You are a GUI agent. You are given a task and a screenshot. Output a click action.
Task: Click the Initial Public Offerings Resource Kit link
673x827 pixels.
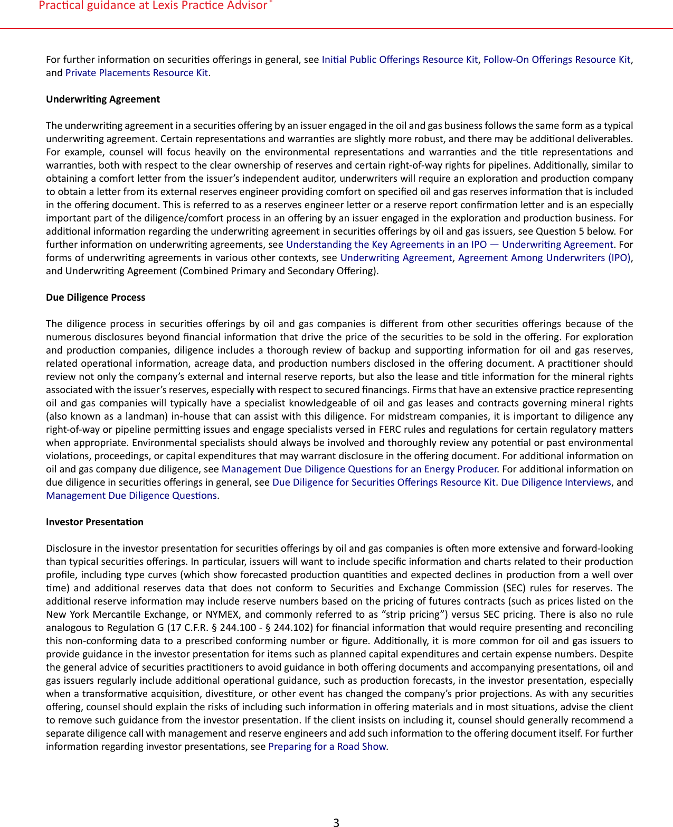(x=400, y=60)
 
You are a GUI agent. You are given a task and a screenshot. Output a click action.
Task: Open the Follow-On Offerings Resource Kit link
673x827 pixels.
(x=557, y=60)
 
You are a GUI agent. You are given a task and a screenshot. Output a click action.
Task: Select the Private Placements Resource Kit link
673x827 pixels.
(x=137, y=73)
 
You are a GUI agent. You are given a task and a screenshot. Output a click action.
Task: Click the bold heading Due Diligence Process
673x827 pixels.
(x=96, y=298)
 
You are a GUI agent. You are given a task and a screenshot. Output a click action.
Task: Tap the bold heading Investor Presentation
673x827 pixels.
(x=94, y=522)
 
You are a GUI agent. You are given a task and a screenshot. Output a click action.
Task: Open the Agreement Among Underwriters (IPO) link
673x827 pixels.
(x=544, y=258)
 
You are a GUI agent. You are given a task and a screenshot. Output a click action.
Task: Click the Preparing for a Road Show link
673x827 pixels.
(x=328, y=747)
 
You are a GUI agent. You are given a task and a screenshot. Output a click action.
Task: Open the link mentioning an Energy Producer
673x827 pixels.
(x=359, y=469)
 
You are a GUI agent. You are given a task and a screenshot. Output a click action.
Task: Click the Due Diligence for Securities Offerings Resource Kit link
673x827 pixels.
(x=384, y=482)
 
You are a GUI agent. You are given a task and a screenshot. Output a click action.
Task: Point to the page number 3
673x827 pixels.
(x=336, y=822)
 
